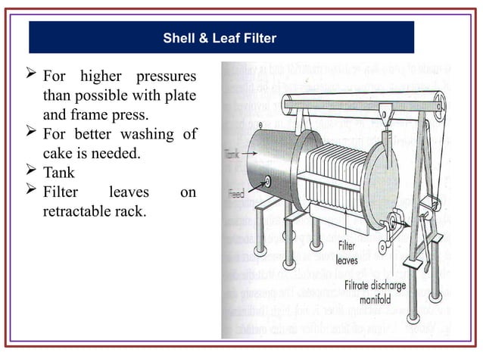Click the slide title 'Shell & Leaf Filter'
pyautogui.click(x=221, y=37)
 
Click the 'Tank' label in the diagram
pyautogui.click(x=232, y=154)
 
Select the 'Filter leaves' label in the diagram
pyautogui.click(x=347, y=251)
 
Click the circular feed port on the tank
pyautogui.click(x=267, y=182)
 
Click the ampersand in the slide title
pyautogui.click(x=196, y=37)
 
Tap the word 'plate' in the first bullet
pyautogui.click(x=179, y=97)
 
